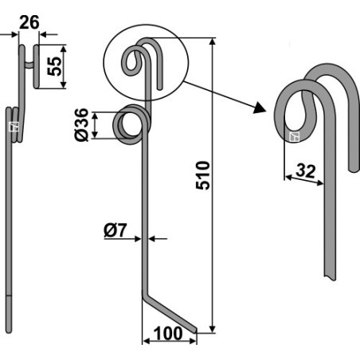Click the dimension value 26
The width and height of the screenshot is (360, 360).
click(x=29, y=22)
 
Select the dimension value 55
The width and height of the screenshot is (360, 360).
click(x=54, y=66)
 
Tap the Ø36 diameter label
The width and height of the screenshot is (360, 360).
click(x=81, y=124)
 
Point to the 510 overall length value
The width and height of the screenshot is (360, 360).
click(x=203, y=175)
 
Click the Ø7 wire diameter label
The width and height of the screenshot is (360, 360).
click(x=115, y=230)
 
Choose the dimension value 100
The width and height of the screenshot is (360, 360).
click(x=168, y=334)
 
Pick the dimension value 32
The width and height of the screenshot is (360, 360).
click(x=306, y=171)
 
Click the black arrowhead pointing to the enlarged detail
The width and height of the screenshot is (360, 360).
click(x=259, y=108)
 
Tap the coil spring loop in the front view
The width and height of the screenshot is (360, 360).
click(x=132, y=124)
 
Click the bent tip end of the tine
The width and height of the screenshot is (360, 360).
click(x=195, y=330)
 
